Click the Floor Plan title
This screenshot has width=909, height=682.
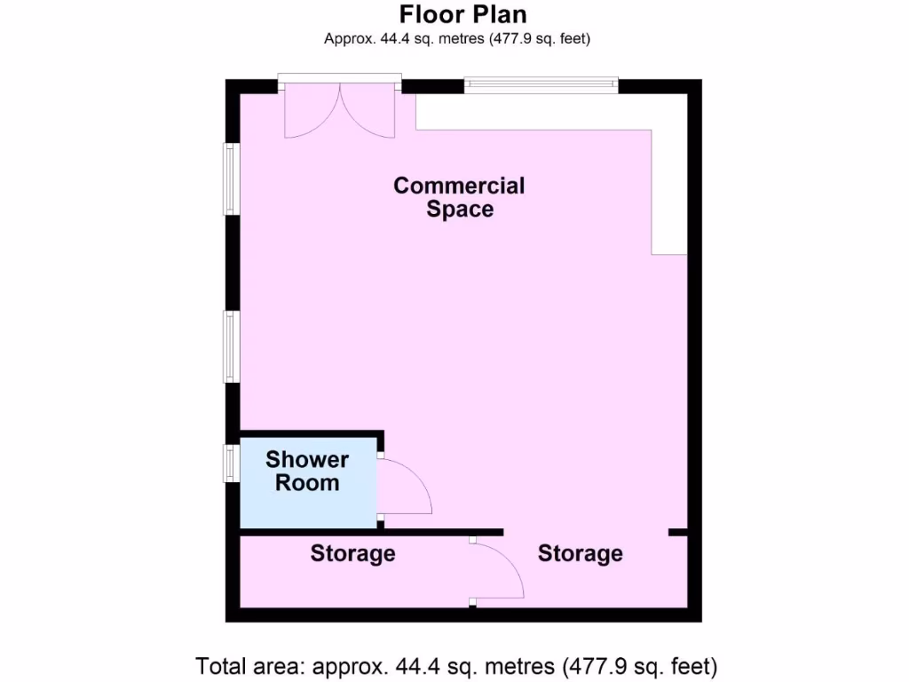click(462, 15)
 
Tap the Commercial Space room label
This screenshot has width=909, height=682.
click(459, 197)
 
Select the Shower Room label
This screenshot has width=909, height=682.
click(307, 472)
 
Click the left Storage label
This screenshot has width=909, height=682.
click(352, 554)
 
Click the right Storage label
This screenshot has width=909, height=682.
click(580, 554)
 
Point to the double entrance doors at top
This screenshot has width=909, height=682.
click(339, 111)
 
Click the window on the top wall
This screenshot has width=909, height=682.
click(541, 84)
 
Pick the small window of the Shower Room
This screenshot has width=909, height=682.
click(231, 464)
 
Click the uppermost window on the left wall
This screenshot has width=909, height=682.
click(231, 179)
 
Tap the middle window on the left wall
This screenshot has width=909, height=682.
click(231, 346)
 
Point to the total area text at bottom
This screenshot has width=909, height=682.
click(456, 666)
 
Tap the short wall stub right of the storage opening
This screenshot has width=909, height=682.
click(678, 532)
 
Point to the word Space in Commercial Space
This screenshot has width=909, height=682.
click(459, 210)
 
